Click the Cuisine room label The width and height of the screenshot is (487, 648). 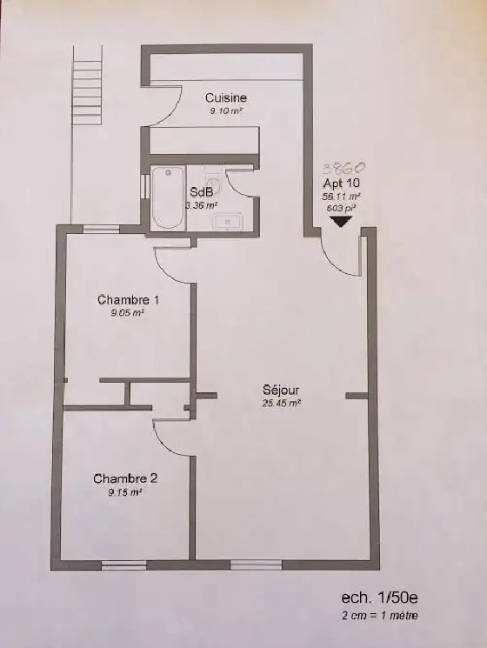226,98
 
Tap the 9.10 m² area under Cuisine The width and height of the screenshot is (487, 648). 224,111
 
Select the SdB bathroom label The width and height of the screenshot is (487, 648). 199,193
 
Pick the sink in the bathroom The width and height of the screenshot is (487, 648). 230,222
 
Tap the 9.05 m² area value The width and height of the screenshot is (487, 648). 127,312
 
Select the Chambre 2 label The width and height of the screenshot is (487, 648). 125,478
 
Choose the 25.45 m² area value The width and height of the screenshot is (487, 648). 280,403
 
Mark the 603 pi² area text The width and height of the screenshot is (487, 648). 340,208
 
